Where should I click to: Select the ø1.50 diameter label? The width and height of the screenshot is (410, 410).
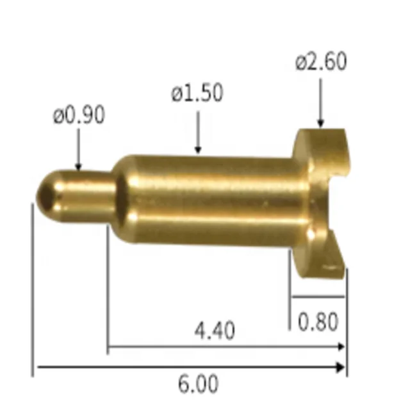[x=197, y=94]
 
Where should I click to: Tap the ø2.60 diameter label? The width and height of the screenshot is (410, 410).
[x=321, y=62]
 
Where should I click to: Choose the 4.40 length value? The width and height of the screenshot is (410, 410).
[x=214, y=331]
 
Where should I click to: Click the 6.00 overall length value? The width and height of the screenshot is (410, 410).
[x=198, y=384]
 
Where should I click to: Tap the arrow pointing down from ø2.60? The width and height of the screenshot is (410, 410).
[x=320, y=102]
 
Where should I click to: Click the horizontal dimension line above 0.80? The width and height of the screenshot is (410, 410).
[x=318, y=297]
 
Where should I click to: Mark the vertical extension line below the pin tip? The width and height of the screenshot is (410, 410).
[x=31, y=288]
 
